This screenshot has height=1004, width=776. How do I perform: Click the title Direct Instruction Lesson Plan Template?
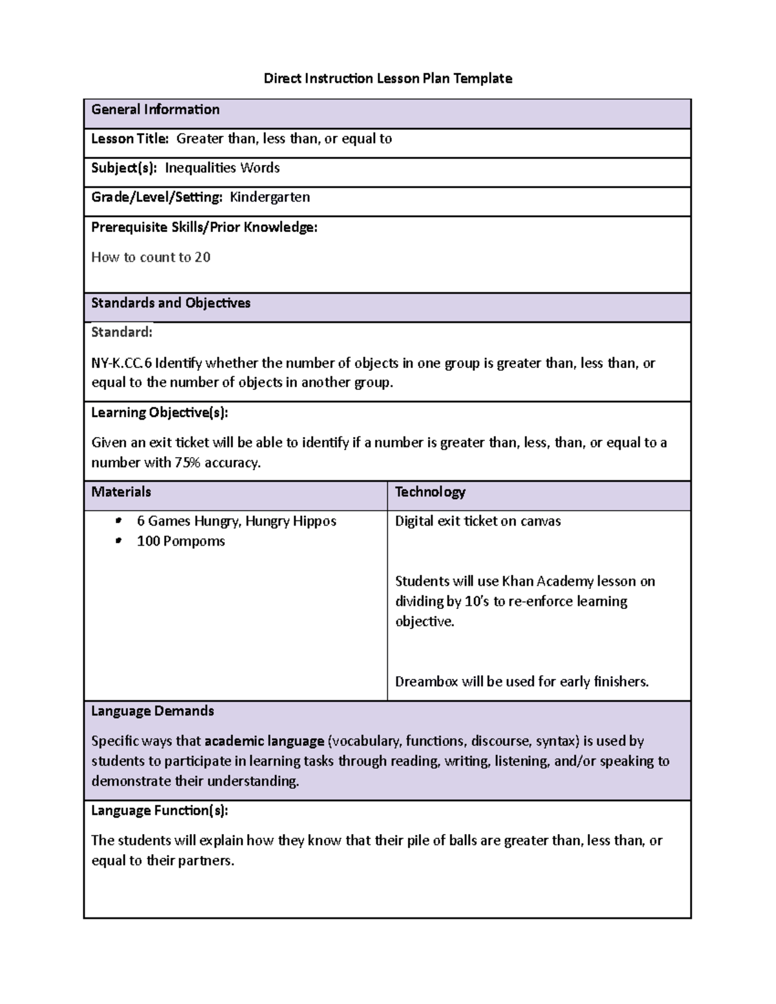387,79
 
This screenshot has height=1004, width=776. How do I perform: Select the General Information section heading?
155,110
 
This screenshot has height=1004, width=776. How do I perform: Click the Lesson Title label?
129,139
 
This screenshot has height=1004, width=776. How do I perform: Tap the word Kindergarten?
270,197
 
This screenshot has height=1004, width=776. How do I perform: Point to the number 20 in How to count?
202,257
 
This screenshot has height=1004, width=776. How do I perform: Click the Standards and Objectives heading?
171,303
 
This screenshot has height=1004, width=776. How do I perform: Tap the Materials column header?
121,492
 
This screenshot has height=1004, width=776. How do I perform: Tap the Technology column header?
430,492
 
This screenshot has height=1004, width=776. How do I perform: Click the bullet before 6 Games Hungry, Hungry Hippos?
118,521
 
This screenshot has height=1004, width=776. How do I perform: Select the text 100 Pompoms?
180,541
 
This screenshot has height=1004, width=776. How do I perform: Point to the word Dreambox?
426,681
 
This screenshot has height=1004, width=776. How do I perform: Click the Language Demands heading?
152,711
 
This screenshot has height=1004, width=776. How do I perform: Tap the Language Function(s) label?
159,811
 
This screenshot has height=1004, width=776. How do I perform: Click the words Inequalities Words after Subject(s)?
222,168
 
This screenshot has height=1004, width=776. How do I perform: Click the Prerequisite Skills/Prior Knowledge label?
204,228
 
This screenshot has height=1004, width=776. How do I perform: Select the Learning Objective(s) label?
159,412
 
